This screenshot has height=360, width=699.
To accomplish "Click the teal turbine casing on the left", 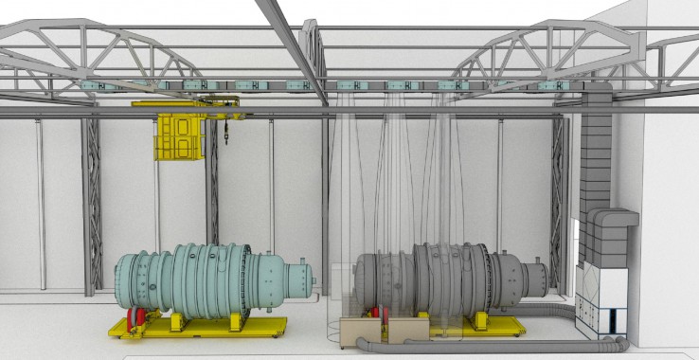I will tap(199, 279).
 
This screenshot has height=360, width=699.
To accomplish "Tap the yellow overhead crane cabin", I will tap(180, 137).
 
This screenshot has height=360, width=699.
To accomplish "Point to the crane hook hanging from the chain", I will tap(228, 139).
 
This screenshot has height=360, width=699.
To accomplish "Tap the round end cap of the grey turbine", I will tap(536, 278).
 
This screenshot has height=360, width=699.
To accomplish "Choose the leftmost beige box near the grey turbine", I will tap(360, 331).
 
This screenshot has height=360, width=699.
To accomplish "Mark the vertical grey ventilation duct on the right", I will tap(595, 152).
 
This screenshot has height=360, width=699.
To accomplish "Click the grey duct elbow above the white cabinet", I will tap(606, 233).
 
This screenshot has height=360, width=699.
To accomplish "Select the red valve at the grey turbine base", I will tap(376, 314).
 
